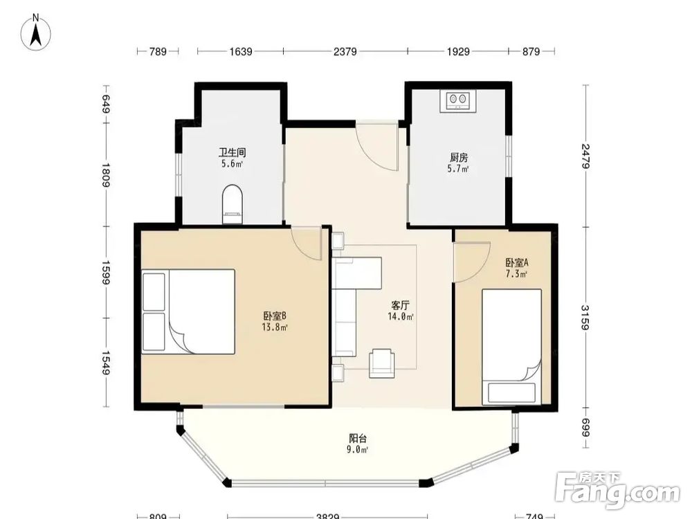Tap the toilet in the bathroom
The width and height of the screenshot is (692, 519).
pos(232,204)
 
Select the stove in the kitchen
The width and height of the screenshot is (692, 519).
pos(457,101)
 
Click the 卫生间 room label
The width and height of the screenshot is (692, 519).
pos(232,153)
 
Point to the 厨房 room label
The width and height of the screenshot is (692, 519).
pos(459,157)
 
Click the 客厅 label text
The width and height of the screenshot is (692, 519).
pos(401,305)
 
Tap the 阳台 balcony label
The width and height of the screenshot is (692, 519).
pos(358,438)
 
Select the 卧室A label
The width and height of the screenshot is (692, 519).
pos(517,262)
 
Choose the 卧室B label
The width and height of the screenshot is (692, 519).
pos(275,316)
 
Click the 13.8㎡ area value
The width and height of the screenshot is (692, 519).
pos(275,327)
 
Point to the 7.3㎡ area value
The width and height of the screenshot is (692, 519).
pos(517,274)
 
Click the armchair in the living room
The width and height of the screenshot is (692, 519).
pos(382,363)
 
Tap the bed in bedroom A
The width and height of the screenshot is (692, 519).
pos(512,347)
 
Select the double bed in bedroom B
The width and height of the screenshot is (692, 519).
pos(188,311)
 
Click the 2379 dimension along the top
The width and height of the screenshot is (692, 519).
pos(345,52)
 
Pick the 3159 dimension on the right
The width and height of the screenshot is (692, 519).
pos(585,317)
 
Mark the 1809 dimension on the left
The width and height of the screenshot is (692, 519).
pos(105,175)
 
